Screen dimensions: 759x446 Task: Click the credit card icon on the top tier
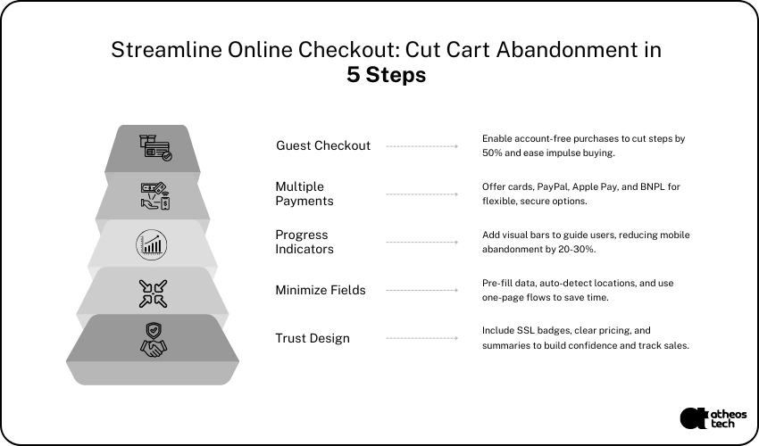155,147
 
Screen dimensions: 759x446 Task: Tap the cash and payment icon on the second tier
154,195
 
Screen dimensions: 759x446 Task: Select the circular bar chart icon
152,244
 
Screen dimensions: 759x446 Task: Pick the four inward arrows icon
153,293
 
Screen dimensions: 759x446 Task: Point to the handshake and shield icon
153,340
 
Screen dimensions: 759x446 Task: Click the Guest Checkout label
323,145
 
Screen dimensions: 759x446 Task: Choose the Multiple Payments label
304,194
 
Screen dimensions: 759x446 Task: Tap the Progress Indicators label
304,242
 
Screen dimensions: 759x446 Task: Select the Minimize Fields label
321,290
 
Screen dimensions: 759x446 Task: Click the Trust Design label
313,338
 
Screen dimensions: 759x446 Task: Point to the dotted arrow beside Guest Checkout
422,146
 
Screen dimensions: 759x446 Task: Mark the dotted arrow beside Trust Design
422,338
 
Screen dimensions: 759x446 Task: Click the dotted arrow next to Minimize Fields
422,290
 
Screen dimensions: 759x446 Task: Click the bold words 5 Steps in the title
387,75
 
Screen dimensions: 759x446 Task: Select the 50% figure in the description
492,153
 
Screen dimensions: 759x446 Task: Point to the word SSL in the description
526,330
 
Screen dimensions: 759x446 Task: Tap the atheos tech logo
713,418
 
